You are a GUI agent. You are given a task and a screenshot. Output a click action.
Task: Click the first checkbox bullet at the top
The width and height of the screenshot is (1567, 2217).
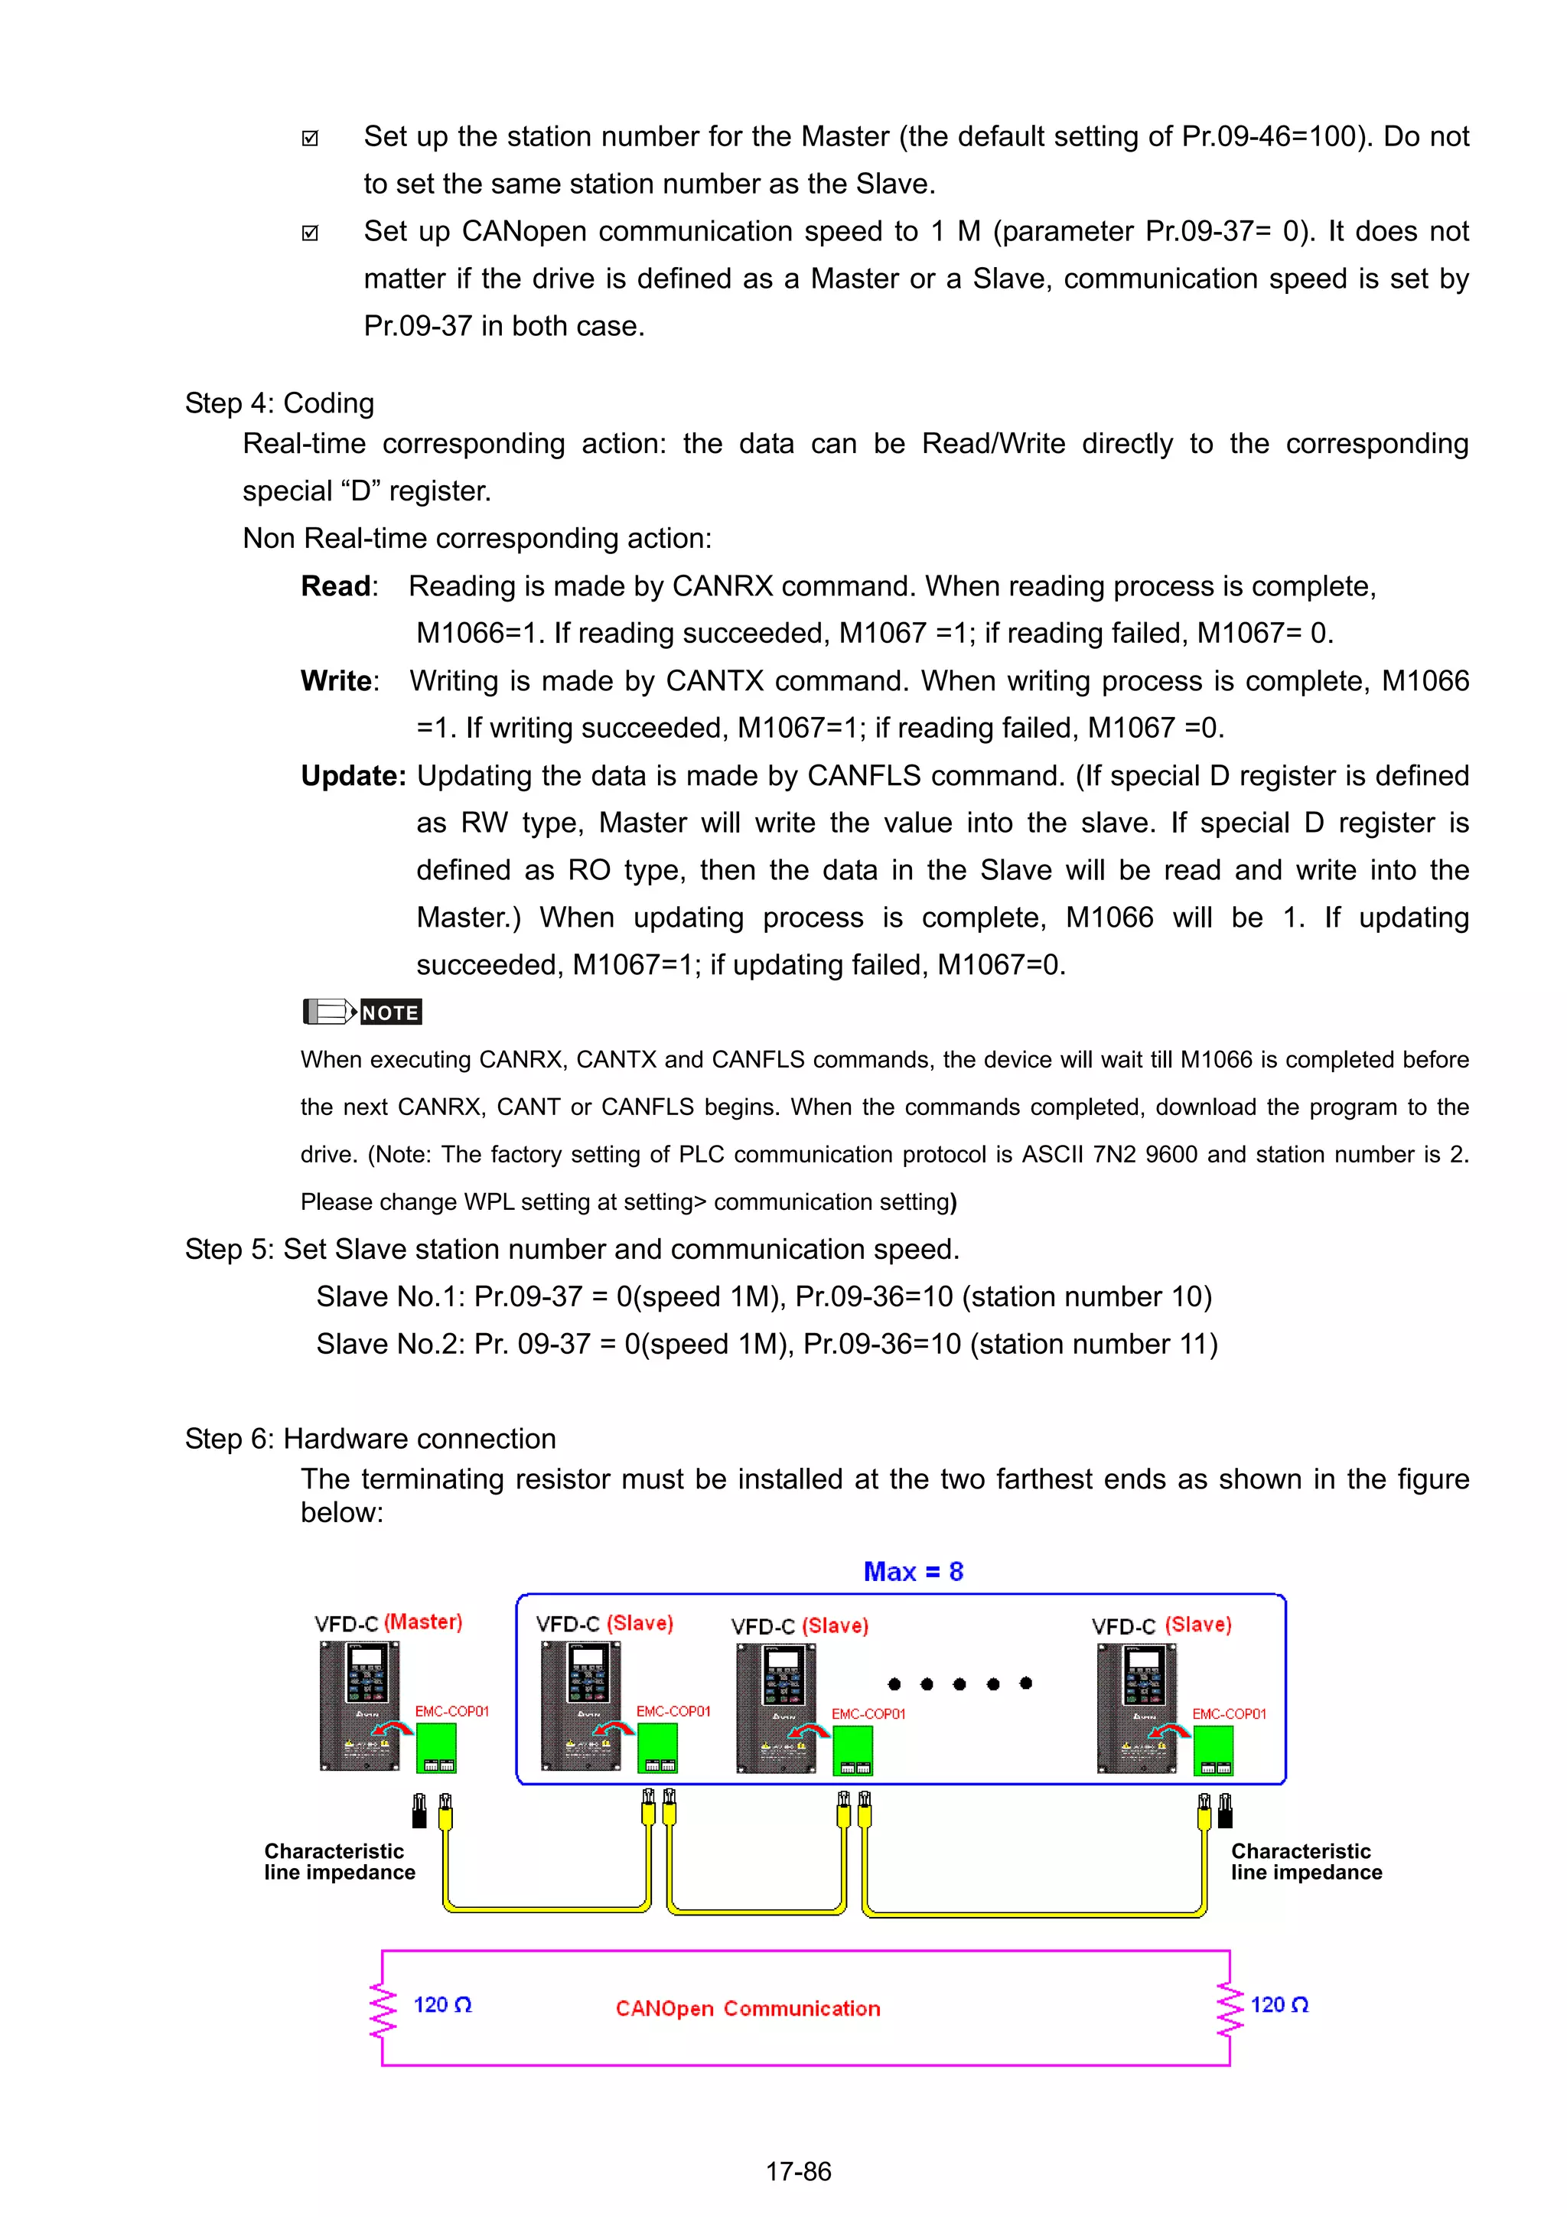coord(310,138)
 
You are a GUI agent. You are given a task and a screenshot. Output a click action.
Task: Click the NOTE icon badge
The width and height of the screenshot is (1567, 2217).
coord(362,1012)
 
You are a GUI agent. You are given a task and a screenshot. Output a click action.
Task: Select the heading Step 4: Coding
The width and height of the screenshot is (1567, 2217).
coord(279,403)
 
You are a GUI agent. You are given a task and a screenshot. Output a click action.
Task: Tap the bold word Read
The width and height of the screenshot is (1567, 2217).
coord(335,586)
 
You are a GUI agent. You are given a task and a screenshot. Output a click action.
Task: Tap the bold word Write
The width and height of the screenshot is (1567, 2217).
coord(336,681)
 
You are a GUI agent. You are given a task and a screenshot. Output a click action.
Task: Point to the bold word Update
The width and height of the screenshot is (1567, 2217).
coord(353,775)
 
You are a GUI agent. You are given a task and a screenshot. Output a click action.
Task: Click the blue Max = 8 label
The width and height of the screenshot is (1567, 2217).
coord(912,1571)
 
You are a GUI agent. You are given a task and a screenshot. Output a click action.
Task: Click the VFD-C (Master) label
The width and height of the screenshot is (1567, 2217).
coord(388,1623)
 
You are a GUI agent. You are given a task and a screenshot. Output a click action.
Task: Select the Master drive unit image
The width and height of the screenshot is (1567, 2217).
coord(359,1705)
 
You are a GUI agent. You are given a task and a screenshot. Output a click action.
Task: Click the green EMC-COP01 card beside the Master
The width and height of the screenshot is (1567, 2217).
coord(435,1749)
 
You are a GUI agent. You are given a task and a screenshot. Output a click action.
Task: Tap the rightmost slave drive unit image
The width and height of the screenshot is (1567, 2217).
coord(1136,1708)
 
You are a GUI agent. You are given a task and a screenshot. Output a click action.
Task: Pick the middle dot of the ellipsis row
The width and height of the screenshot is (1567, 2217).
coord(959,1684)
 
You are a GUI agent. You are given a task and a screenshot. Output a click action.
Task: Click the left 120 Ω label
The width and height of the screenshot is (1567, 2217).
coord(442,2004)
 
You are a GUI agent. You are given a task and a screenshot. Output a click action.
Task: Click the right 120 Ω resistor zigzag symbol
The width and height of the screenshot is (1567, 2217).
coord(1229,2008)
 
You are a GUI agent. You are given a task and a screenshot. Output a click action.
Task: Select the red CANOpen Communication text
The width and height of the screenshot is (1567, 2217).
coord(748,2008)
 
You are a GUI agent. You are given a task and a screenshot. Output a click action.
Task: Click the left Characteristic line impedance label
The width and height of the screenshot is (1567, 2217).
coord(339,1862)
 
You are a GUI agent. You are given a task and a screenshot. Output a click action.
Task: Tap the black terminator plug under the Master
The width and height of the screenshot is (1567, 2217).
coord(419,1811)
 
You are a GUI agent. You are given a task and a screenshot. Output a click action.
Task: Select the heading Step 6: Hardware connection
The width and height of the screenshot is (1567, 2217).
coord(370,1439)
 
